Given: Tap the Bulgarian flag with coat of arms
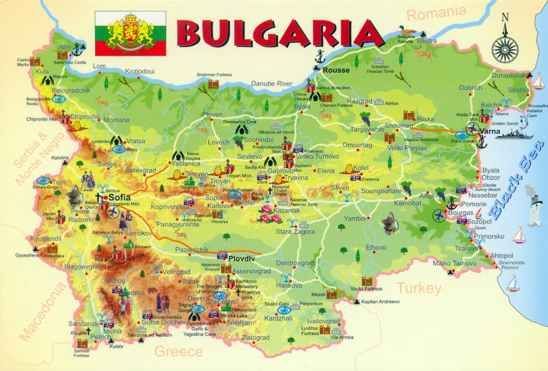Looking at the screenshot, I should click(130, 33).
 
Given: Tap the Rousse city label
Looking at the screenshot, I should click(336, 70).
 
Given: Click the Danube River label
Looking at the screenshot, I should click(272, 84).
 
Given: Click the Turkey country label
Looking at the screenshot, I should click(419, 288).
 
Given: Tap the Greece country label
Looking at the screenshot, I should click(179, 351).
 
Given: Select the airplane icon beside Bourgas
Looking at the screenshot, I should click(440, 215).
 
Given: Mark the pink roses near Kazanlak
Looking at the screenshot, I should click(270, 214).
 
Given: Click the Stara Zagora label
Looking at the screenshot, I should click(295, 232).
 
